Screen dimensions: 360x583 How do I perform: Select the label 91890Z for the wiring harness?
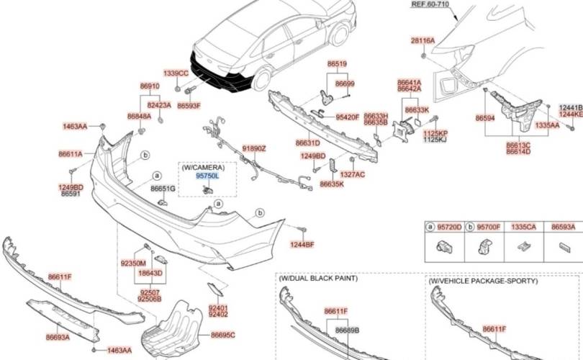253,148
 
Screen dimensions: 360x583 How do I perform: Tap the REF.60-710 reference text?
429,4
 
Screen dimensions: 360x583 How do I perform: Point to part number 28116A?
422,40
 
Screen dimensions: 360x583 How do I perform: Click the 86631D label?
307,143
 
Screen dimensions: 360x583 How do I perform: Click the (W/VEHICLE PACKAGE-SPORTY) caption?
483,281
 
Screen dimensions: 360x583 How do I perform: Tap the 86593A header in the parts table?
563,227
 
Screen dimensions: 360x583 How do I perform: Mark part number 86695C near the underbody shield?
222,336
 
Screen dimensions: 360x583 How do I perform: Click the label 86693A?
58,336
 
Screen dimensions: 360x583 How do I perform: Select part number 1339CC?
176,73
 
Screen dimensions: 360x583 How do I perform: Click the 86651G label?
163,189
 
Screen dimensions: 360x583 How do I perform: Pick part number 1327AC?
352,174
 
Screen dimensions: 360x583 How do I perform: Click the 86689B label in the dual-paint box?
347,330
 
